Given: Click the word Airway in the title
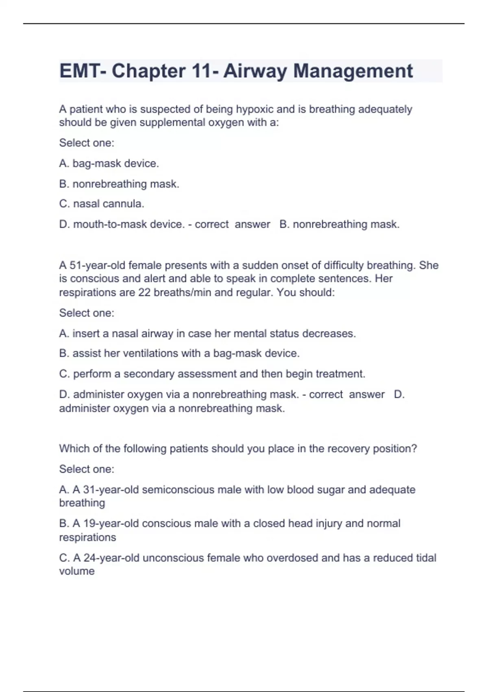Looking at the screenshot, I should point(255,71).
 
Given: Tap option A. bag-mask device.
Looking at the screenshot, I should point(109,164).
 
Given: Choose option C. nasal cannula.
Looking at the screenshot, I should point(102,204).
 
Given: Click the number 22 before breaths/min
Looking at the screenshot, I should point(144,293).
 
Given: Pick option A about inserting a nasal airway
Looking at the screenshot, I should point(207,334).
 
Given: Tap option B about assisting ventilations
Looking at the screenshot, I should point(179,353).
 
